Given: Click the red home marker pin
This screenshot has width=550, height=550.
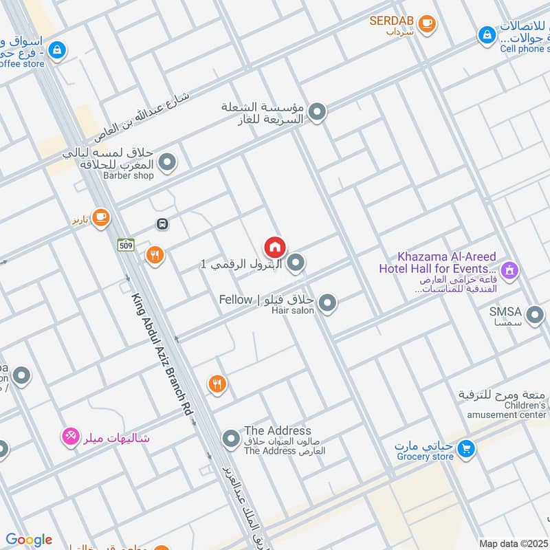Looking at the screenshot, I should coord(275,247).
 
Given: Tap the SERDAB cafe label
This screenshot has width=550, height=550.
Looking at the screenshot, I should coord(392,21).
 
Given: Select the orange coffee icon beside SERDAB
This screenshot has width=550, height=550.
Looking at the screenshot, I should coord(427,23).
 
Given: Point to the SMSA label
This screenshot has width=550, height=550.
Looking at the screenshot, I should coord(506,311).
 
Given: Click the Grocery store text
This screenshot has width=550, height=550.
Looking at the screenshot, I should coord(424,456).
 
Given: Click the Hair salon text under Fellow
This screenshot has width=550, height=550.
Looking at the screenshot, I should coord(292,311).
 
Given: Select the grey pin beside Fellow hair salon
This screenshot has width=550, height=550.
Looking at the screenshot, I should coord(327,302).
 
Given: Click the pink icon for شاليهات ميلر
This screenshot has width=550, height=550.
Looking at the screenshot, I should coord(69,436).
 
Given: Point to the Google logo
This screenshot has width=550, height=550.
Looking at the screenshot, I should coord(29,540).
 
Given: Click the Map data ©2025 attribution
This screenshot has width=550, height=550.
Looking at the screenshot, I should coord(514,543).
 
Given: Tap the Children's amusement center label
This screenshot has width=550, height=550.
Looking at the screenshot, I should coord(505,410).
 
